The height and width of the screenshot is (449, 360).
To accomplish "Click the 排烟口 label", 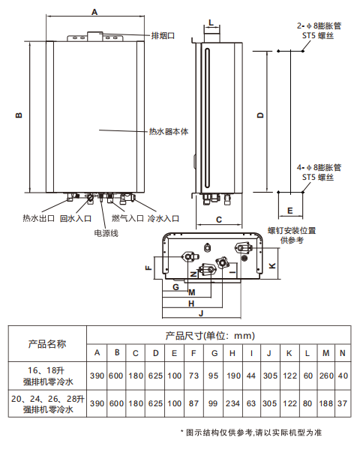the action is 163,36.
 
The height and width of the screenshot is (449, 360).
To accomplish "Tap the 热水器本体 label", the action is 169,132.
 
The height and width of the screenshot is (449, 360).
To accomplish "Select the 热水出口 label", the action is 39,218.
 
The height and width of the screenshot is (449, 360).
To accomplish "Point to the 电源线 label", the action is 106,233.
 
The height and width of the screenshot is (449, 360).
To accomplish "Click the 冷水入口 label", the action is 163,218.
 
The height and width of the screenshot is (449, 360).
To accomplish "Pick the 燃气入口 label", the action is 127,218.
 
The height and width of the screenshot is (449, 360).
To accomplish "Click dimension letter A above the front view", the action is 94,12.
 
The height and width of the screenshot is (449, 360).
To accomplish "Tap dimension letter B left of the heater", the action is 19,115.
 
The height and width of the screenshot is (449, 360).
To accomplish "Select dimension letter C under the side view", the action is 219,220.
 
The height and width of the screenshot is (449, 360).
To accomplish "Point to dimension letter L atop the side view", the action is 211,22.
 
